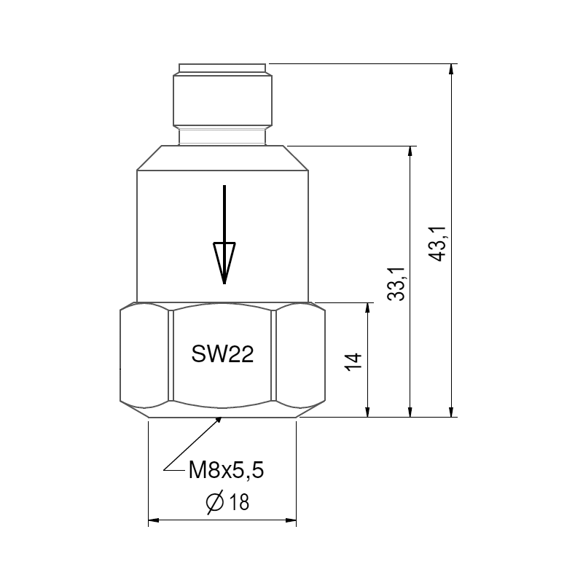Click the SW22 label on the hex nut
[222, 355]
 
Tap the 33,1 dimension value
[396, 284]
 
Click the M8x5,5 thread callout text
[225, 471]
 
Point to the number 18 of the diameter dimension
[238, 503]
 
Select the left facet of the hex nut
[144, 356]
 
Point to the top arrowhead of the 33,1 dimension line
[411, 152]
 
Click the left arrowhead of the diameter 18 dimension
[154, 520]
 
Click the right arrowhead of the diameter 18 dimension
[291, 520]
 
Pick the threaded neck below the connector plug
[222, 136]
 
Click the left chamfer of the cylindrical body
[149, 157]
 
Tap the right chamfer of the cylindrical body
[297, 157]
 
